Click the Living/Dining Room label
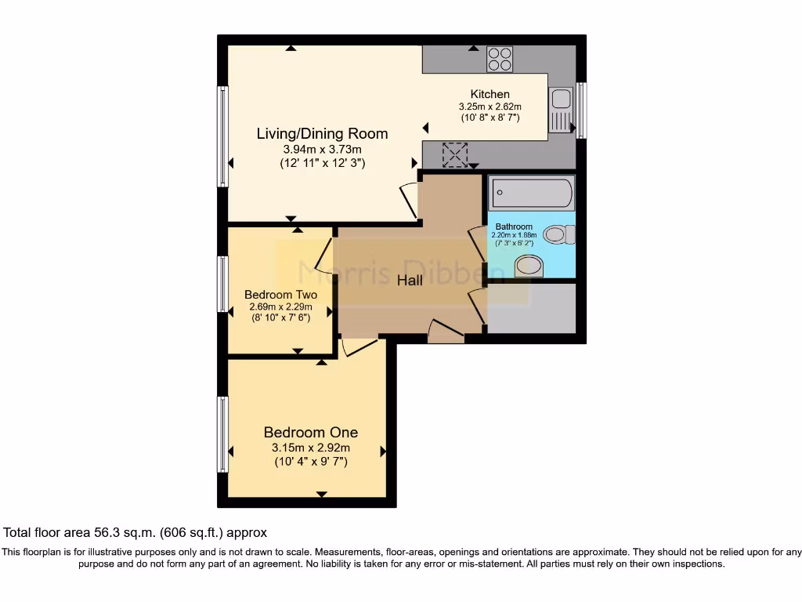(322, 133)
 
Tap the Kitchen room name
(490, 94)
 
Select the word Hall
(410, 280)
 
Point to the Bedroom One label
(310, 432)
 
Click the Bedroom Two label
(281, 295)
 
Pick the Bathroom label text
(514, 227)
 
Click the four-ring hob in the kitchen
(500, 59)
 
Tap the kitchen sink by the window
(561, 110)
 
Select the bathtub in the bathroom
(532, 193)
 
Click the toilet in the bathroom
(559, 234)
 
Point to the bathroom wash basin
(529, 267)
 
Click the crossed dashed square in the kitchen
(455, 154)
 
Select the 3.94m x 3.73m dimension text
(322, 150)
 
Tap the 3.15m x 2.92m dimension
(311, 448)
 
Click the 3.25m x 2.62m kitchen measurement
(490, 107)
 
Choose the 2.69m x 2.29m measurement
(281, 307)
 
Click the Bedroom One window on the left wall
(222, 434)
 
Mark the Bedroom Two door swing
(323, 256)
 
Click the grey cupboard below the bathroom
(532, 309)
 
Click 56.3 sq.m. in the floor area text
(125, 533)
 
